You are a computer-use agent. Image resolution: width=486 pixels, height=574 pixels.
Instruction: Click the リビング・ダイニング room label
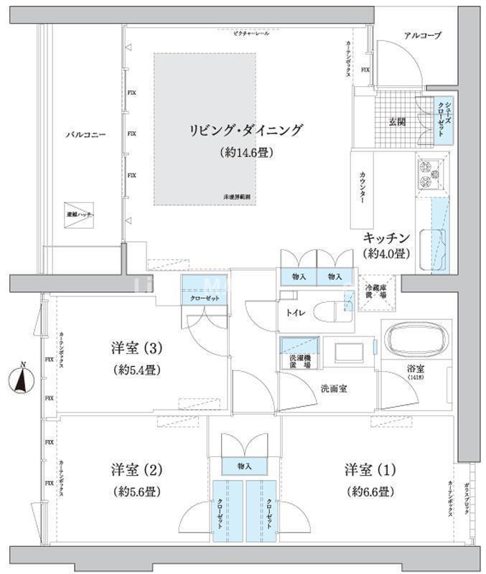[x=246, y=130]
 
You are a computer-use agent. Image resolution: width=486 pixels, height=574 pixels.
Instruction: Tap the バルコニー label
[x=86, y=134]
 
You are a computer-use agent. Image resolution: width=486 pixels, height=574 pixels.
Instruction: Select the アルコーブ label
[x=422, y=35]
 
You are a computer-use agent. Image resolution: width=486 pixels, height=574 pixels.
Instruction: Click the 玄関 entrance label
[x=397, y=121]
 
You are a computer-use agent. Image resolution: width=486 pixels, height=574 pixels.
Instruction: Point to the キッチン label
[x=386, y=237]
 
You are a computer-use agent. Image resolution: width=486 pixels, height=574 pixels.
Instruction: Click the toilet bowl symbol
[x=335, y=312]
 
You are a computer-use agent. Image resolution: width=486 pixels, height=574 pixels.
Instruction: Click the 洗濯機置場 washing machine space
[x=296, y=354]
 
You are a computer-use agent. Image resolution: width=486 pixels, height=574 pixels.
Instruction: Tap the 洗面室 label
[x=334, y=388]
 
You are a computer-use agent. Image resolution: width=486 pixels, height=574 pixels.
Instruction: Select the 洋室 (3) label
[x=138, y=349]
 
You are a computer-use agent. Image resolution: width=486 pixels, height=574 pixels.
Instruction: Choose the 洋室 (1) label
[x=369, y=470]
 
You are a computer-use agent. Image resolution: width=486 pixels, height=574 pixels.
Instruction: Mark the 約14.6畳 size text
[x=246, y=153]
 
